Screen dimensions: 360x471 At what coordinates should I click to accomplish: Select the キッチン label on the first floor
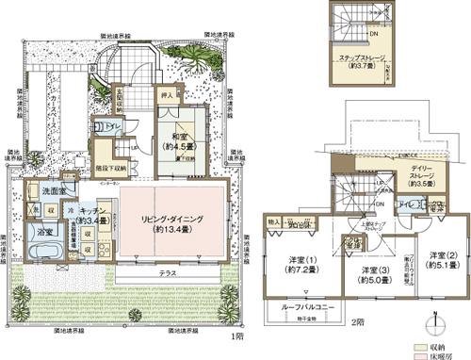pyautogui.click(x=92, y=213)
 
